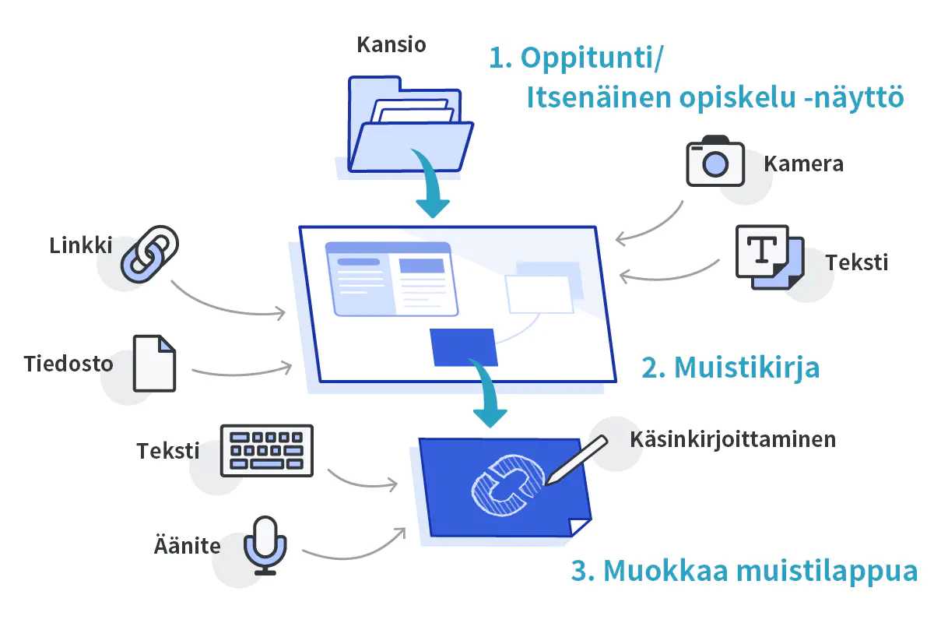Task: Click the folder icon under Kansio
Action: [409, 125]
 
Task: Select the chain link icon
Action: [149, 253]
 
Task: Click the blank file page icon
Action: [154, 363]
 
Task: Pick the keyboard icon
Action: [267, 450]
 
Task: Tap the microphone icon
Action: [266, 544]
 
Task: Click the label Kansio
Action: [392, 44]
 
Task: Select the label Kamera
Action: [803, 164]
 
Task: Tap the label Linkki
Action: [81, 245]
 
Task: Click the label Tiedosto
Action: [68, 364]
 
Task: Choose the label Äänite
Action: [187, 545]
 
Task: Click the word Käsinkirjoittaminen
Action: [732, 439]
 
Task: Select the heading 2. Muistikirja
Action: [730, 367]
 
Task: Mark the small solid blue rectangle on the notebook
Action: [464, 347]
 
